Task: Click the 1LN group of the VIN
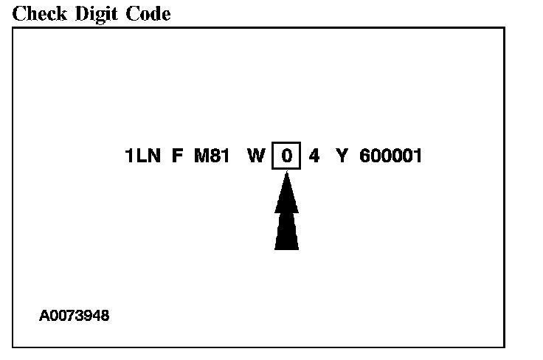pyautogui.click(x=142, y=156)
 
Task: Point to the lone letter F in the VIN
pyautogui.click(x=176, y=156)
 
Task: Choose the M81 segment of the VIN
pyautogui.click(x=212, y=156)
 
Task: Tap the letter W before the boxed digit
pyautogui.click(x=256, y=156)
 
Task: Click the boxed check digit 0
pyautogui.click(x=287, y=156)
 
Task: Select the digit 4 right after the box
pyautogui.click(x=314, y=156)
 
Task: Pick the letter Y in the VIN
pyautogui.click(x=341, y=156)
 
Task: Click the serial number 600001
pyautogui.click(x=391, y=156)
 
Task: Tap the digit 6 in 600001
pyautogui.click(x=365, y=156)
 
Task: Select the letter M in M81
pyautogui.click(x=201, y=156)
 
